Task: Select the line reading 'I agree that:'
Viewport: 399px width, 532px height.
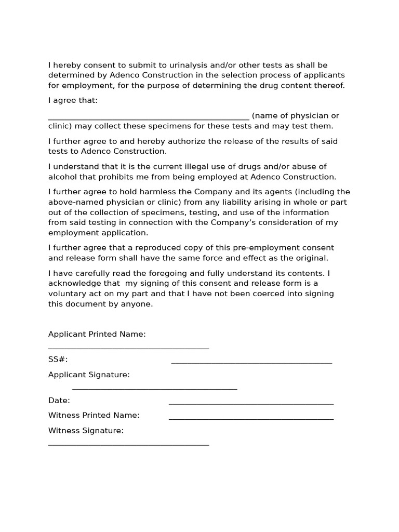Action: pos(73,100)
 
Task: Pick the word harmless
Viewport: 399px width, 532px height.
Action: pos(159,192)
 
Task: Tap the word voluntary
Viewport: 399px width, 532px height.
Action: pos(66,294)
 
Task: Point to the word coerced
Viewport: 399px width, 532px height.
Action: pos(246,294)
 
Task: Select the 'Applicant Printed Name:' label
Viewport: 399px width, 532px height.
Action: pos(97,334)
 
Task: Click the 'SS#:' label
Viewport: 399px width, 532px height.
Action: pos(58,360)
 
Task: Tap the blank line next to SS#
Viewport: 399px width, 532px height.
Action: pos(251,362)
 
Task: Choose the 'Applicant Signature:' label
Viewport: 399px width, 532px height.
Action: pos(89,375)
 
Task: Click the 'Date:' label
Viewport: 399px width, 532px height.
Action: pos(59,401)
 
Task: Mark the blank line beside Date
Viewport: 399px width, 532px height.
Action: pos(251,403)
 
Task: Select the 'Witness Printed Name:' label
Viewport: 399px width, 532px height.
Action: pos(94,416)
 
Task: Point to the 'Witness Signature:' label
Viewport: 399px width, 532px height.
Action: pos(86,431)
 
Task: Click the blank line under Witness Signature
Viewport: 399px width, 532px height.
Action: pos(128,444)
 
